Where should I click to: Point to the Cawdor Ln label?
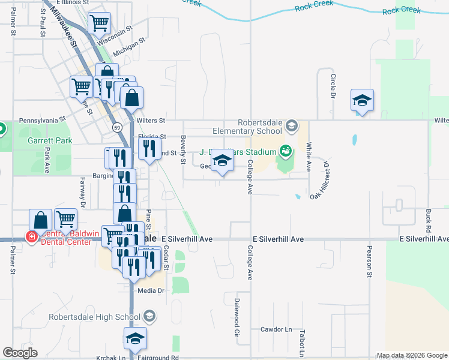tap(276, 329)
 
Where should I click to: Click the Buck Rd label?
tap(428, 221)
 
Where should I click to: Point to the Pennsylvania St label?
tap(42, 120)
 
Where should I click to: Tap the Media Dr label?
tap(151, 290)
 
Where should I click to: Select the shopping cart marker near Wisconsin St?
tap(99, 23)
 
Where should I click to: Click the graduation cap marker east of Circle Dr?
tap(362, 100)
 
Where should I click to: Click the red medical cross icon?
tap(31, 238)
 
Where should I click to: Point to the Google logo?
tap(20, 353)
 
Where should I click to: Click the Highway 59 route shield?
tap(118, 128)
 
